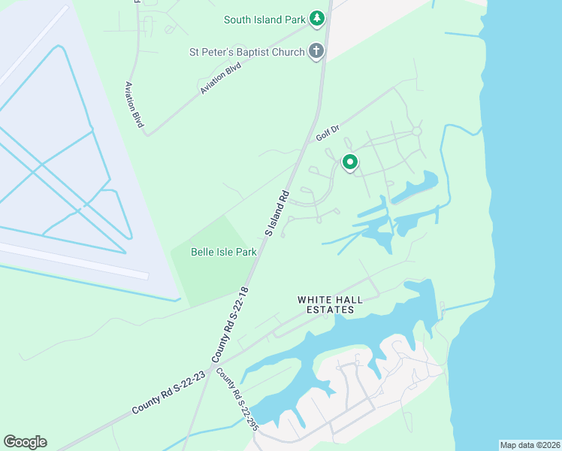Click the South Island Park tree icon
tap(317, 17)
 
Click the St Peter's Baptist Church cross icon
tap(317, 52)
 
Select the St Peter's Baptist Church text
tap(246, 52)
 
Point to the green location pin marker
tap(349, 161)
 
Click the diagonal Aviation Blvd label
tap(223, 77)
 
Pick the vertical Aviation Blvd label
tap(134, 104)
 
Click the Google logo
tap(25, 442)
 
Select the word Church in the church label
tap(287, 52)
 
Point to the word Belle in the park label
tap(203, 252)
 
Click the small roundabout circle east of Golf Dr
tap(416, 132)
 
